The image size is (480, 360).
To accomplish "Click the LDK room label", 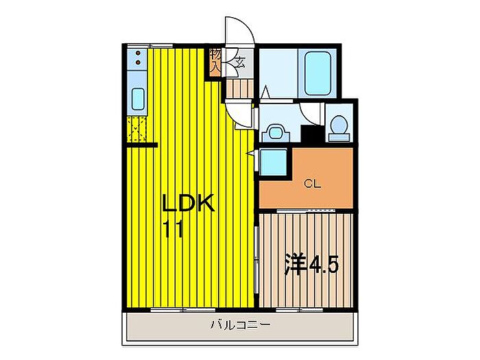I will [x=189, y=204].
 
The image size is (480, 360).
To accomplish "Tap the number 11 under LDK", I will [x=173, y=228].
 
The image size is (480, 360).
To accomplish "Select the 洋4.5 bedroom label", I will [x=311, y=264].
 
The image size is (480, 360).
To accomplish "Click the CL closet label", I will [x=313, y=183].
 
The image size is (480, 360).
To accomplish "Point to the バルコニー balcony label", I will [x=240, y=326].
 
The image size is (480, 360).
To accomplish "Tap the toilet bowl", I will [x=338, y=127].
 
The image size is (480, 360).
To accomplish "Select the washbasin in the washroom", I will [x=276, y=132].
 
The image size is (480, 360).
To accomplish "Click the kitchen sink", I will [x=138, y=101].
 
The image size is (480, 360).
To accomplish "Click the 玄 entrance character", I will [x=241, y=62].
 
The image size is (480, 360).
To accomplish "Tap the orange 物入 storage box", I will [x=215, y=61].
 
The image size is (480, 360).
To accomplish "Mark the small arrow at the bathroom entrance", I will [x=266, y=90].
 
